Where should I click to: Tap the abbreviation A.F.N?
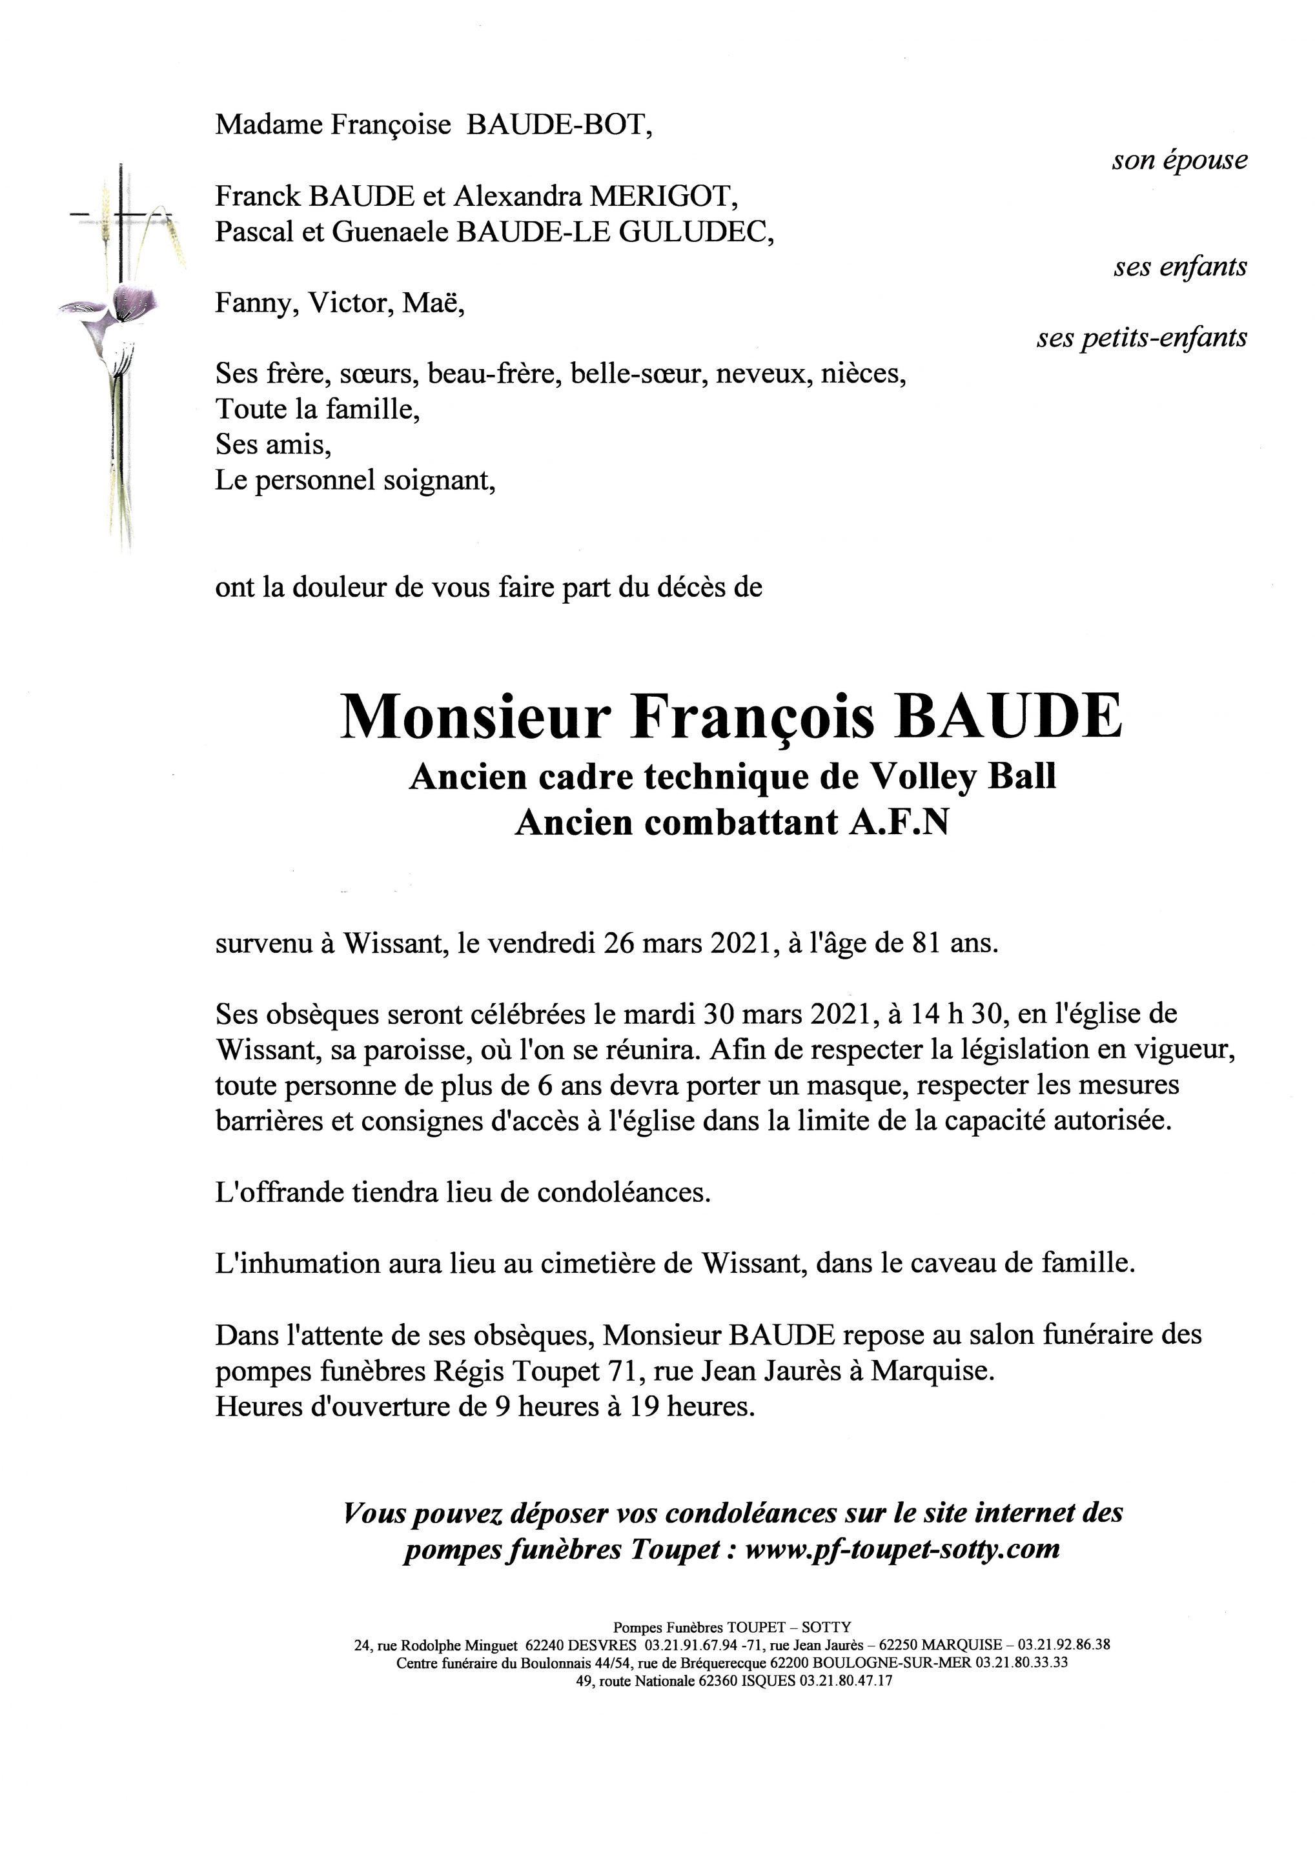tap(898, 823)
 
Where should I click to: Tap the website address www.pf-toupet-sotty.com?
tap(901, 1549)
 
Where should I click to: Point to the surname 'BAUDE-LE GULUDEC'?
tap(611, 232)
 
